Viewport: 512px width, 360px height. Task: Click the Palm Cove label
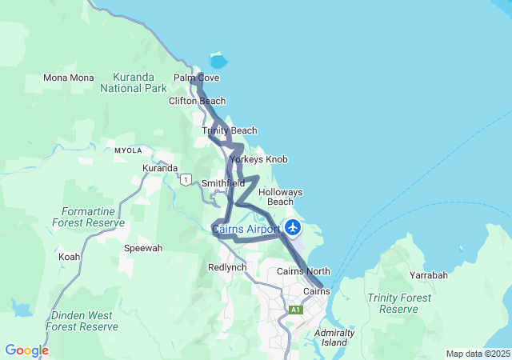(196, 78)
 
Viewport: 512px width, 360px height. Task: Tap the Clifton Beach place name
(197, 102)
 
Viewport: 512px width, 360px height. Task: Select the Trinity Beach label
(230, 130)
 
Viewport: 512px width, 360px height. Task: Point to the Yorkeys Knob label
(258, 160)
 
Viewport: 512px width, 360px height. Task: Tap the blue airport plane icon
(293, 228)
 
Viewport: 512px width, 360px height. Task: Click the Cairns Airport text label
(246, 230)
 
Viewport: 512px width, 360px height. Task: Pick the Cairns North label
(303, 272)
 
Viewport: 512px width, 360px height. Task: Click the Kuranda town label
(160, 168)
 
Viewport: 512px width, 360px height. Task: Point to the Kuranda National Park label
(134, 83)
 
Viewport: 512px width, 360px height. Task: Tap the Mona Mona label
(69, 78)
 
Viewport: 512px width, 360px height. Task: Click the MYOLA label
(128, 150)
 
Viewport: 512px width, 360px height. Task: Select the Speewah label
(143, 249)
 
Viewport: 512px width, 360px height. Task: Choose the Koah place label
(69, 258)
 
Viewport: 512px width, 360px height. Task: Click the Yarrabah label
(429, 275)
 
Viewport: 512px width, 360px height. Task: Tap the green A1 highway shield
(296, 310)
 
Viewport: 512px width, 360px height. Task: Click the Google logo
(26, 350)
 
